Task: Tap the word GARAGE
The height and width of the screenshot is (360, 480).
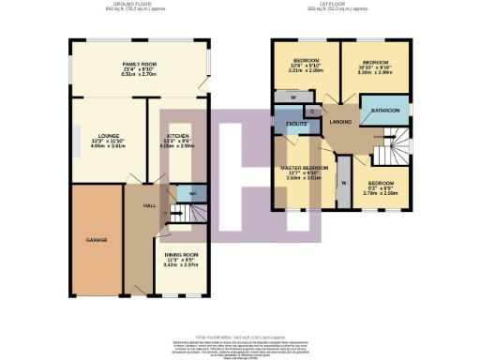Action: (97, 240)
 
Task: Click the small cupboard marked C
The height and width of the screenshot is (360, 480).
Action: (312, 112)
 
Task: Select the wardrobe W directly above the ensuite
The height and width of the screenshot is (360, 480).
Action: (293, 97)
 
